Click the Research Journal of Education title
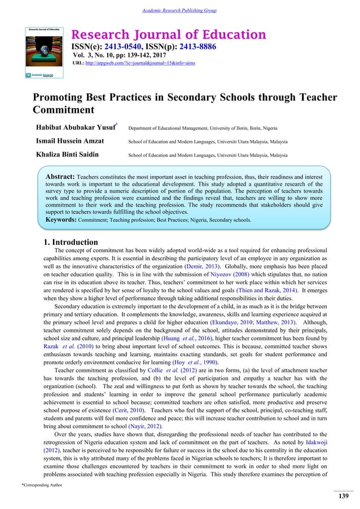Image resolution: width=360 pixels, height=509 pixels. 168,35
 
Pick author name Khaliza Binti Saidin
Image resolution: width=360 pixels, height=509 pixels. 68,153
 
